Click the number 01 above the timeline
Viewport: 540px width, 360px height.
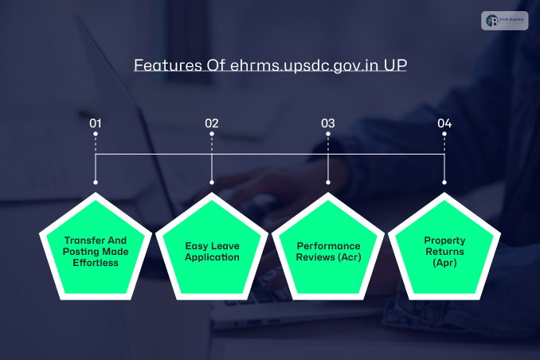[96, 123]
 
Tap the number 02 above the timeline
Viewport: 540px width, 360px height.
[212, 123]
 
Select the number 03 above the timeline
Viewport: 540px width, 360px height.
[328, 123]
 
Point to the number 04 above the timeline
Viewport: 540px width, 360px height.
[444, 123]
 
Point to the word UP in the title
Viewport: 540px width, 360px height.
[395, 65]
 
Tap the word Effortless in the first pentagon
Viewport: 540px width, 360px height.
[97, 262]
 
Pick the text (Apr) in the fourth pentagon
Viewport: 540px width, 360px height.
[444, 262]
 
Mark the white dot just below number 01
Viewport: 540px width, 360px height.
[96, 135]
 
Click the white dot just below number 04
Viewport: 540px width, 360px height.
[444, 135]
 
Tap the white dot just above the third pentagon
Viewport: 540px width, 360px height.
[328, 183]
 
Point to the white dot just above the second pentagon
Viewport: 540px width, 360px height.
[212, 183]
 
